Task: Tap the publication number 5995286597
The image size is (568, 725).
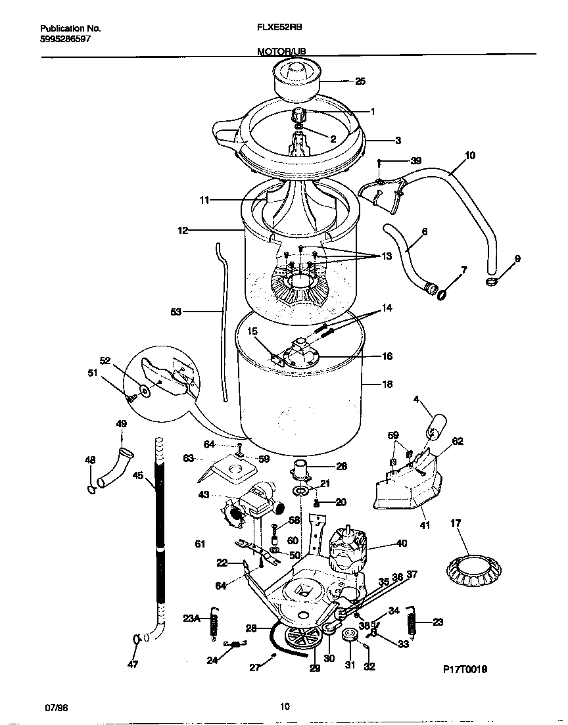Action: coord(65,39)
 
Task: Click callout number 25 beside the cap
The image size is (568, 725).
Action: coord(360,82)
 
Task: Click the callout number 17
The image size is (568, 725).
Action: coord(456,524)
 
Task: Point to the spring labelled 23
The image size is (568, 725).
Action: coord(412,622)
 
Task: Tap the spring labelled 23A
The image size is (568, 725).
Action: coord(213,621)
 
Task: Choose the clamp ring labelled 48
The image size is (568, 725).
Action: coord(89,488)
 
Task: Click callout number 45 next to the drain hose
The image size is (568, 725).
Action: coord(137,475)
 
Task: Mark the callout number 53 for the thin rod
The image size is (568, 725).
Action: coord(176,312)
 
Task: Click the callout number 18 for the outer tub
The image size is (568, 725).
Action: coord(387,385)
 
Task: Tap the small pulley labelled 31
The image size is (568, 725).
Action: coord(348,635)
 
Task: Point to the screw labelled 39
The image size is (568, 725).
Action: coord(379,162)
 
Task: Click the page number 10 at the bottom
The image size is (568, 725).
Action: coord(284,707)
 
